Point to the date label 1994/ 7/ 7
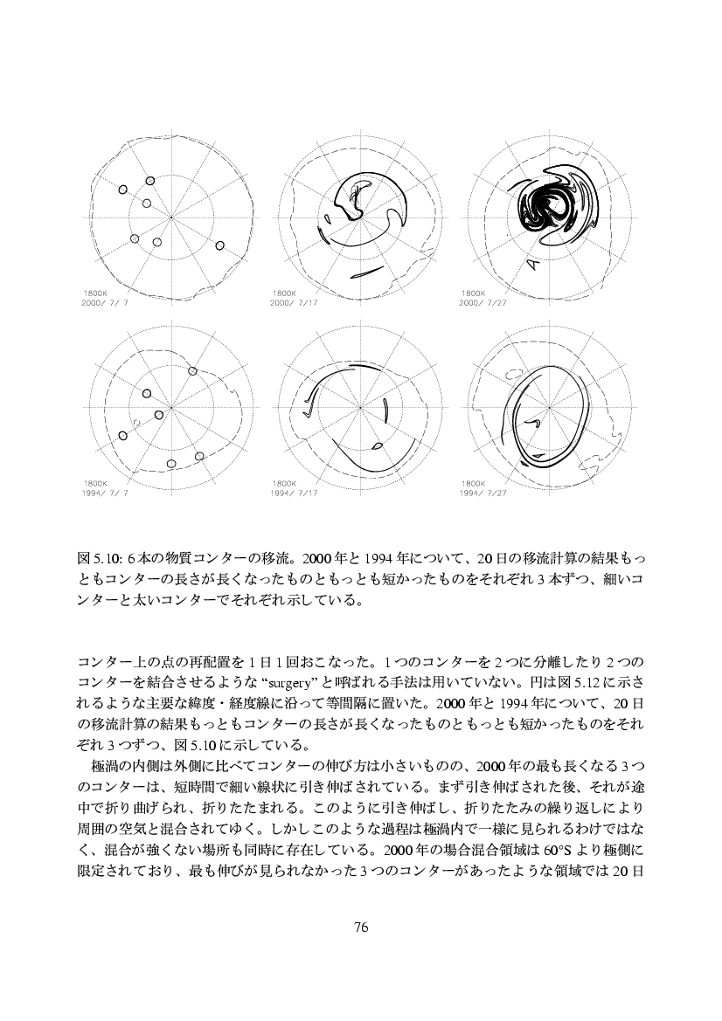coord(104,491)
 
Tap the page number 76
coord(361,927)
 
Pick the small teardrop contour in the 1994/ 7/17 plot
coord(378,446)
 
